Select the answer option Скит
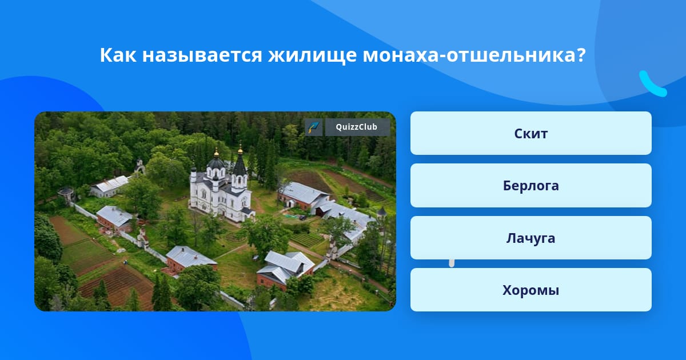click(x=531, y=133)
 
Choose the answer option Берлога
click(x=531, y=186)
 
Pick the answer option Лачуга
click(x=531, y=238)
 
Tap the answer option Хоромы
click(x=531, y=290)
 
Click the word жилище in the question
click(x=312, y=55)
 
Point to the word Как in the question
click(x=118, y=55)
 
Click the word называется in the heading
click(x=202, y=57)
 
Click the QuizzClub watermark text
click(x=357, y=127)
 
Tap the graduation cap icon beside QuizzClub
click(x=314, y=127)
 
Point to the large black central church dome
click(x=216, y=163)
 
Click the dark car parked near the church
click(x=302, y=218)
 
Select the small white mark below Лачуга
click(x=452, y=263)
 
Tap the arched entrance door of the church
click(x=223, y=213)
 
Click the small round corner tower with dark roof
click(x=382, y=213)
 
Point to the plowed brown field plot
click(x=117, y=286)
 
